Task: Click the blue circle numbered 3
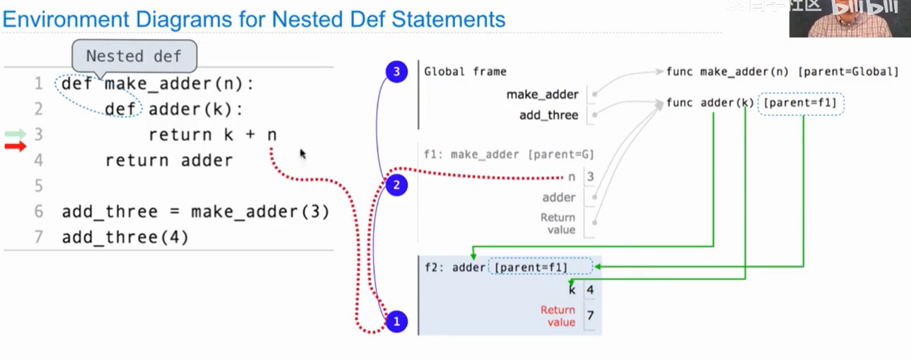coord(396,71)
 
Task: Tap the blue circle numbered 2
coord(396,185)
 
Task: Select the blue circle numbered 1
coord(396,322)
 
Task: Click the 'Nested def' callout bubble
coord(134,56)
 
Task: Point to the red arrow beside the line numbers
coord(16,147)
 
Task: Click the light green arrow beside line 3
coord(16,134)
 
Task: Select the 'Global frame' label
coord(465,71)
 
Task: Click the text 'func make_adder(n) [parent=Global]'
coord(782,71)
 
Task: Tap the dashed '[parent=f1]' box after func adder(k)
coord(800,103)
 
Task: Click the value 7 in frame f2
coord(590,315)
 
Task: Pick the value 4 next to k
coord(590,290)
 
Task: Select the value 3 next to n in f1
coord(590,177)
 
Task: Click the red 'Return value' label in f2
coord(557,316)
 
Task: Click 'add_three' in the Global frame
coord(548,115)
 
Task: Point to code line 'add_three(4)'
coord(125,237)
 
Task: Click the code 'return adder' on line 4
coord(169,160)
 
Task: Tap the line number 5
coord(38,186)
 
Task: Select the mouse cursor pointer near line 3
coord(303,153)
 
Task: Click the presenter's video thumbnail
coord(849,18)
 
